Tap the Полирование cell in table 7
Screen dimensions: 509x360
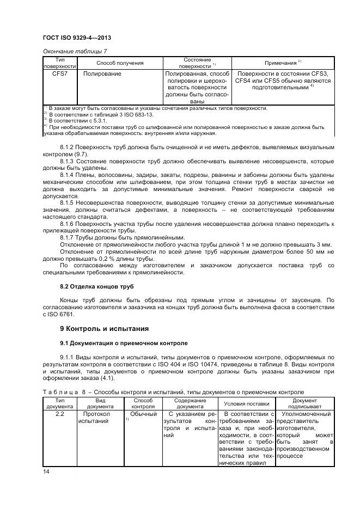pyautogui.click(x=102, y=73)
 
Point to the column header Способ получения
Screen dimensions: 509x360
pyautogui.click(x=120, y=63)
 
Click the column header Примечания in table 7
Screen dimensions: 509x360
pyautogui.click(x=283, y=63)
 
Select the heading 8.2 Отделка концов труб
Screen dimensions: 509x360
pyautogui.click(x=96, y=286)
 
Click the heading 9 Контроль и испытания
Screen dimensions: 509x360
pyautogui.click(x=104, y=329)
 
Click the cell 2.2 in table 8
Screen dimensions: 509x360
pyautogui.click(x=59, y=414)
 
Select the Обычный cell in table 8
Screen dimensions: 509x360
pyautogui.click(x=139, y=414)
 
